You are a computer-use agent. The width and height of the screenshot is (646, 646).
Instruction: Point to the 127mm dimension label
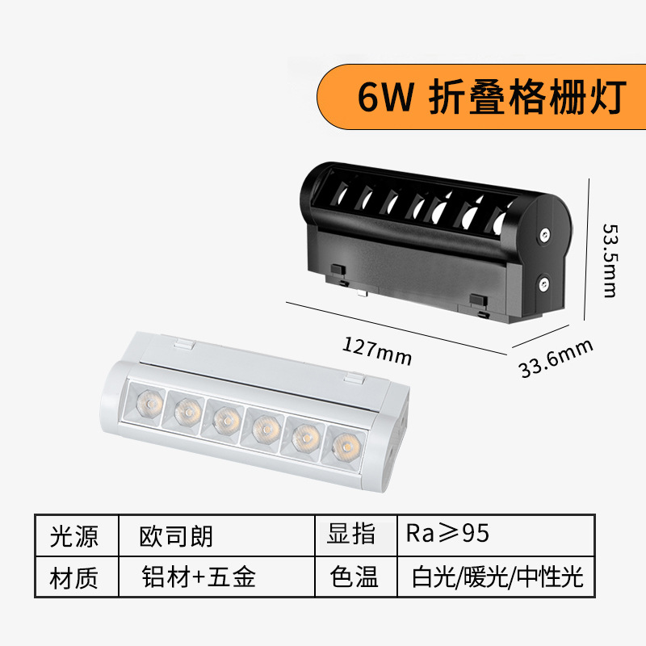(x=377, y=350)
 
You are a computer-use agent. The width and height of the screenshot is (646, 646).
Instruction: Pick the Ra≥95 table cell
(x=448, y=535)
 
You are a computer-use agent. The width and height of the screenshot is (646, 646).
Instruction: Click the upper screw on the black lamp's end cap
(x=546, y=235)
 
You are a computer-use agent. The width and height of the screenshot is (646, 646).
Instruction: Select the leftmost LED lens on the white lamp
(x=147, y=399)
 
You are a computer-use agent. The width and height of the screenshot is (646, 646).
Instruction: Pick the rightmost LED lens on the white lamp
(x=346, y=444)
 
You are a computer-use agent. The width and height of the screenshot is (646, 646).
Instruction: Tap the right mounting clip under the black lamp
(x=479, y=301)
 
